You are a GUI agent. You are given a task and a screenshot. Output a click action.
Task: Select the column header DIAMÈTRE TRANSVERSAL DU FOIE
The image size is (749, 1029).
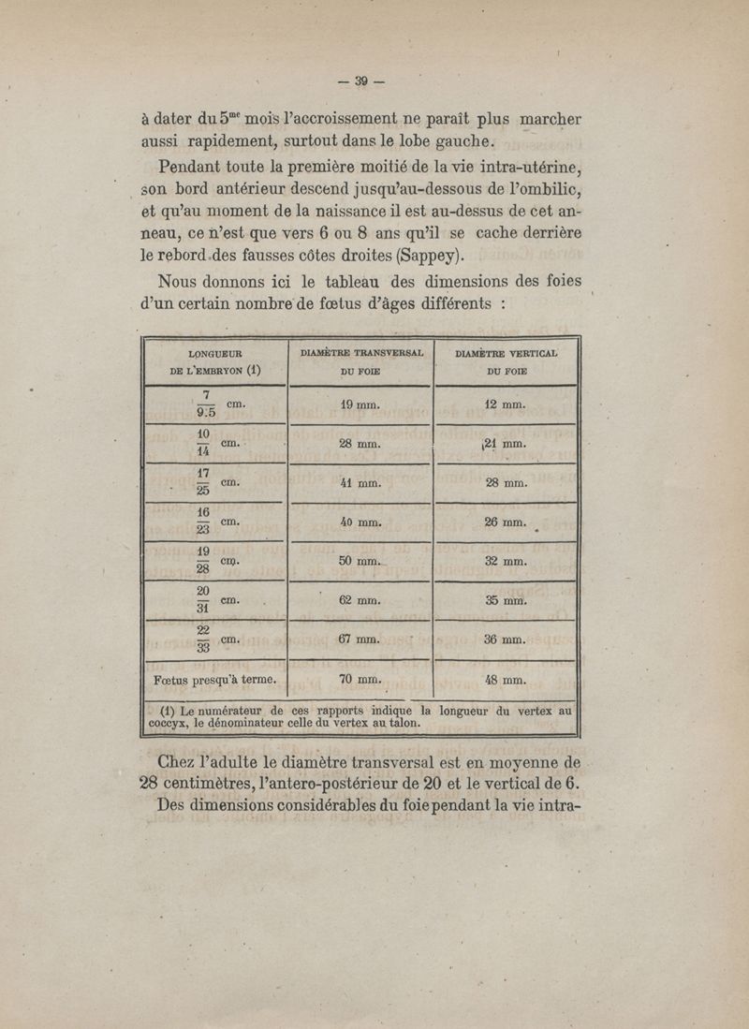pos(362,361)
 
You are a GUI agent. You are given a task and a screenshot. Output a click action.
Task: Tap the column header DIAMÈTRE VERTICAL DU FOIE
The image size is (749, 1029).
pos(507,361)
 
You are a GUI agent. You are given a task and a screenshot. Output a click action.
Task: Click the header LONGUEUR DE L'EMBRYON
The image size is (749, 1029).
pos(215,361)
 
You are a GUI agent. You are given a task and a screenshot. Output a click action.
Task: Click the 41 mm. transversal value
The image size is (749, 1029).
pos(360,484)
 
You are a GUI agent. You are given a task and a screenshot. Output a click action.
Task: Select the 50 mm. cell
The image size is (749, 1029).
pos(360,562)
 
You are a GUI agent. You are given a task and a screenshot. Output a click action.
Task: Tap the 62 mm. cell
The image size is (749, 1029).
pos(360,601)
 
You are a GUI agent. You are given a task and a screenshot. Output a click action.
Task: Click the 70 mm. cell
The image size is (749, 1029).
pos(360,681)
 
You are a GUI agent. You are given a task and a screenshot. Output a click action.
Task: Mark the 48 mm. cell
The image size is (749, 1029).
pos(507,681)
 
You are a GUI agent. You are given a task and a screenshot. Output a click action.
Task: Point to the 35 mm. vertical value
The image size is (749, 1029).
pos(507,601)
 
